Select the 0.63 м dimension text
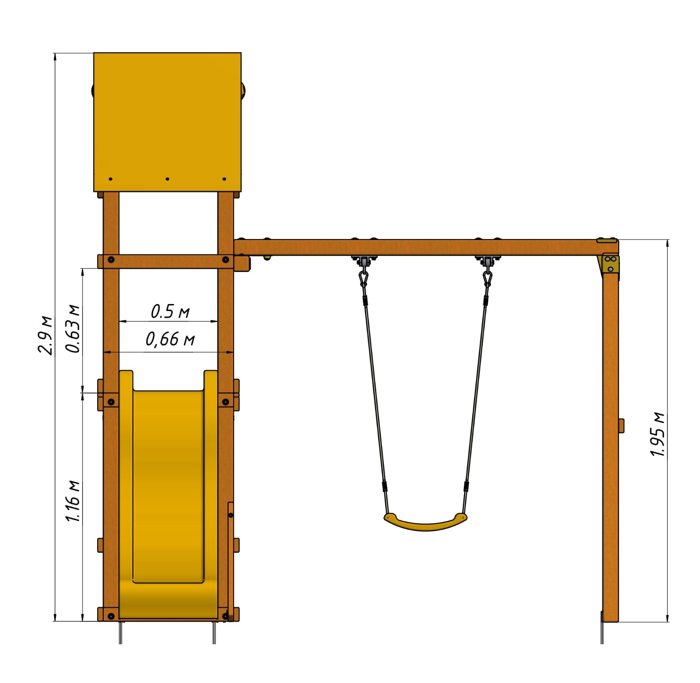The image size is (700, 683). (x=73, y=328)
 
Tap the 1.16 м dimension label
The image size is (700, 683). (x=73, y=501)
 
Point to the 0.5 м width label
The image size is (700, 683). (x=170, y=311)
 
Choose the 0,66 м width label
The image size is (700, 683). (x=170, y=339)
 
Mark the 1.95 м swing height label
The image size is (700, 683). (x=658, y=434)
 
